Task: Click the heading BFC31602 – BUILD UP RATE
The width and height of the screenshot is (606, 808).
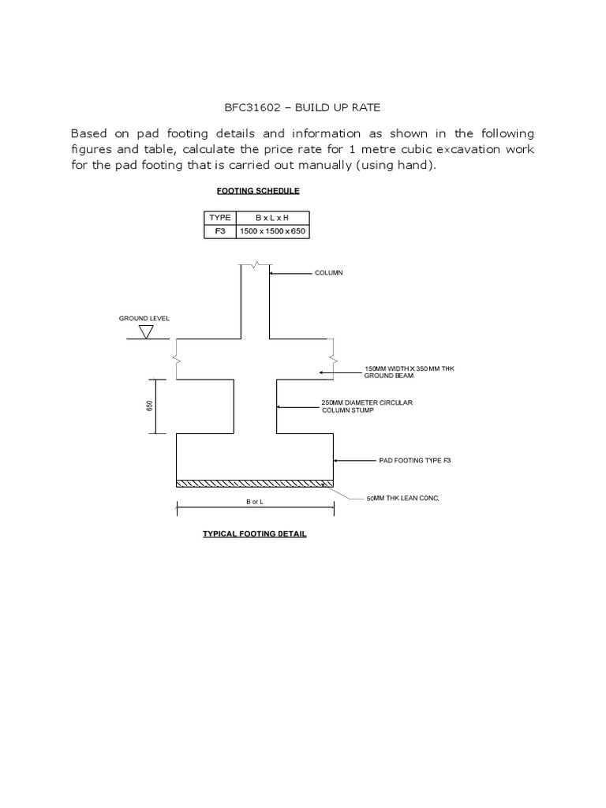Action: [x=304, y=106]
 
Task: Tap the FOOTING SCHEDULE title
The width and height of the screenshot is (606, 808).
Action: [x=257, y=191]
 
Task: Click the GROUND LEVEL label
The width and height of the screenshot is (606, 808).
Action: [x=144, y=319]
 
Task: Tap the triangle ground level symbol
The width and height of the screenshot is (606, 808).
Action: [x=146, y=332]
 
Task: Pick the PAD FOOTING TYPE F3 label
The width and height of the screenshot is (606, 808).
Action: [x=413, y=459]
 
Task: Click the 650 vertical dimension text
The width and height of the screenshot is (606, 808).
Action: [x=148, y=406]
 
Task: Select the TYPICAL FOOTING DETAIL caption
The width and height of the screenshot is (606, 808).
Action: [x=255, y=534]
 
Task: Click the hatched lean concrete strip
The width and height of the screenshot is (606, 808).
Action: [x=255, y=483]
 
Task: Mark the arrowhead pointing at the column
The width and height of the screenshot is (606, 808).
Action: [x=272, y=274]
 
